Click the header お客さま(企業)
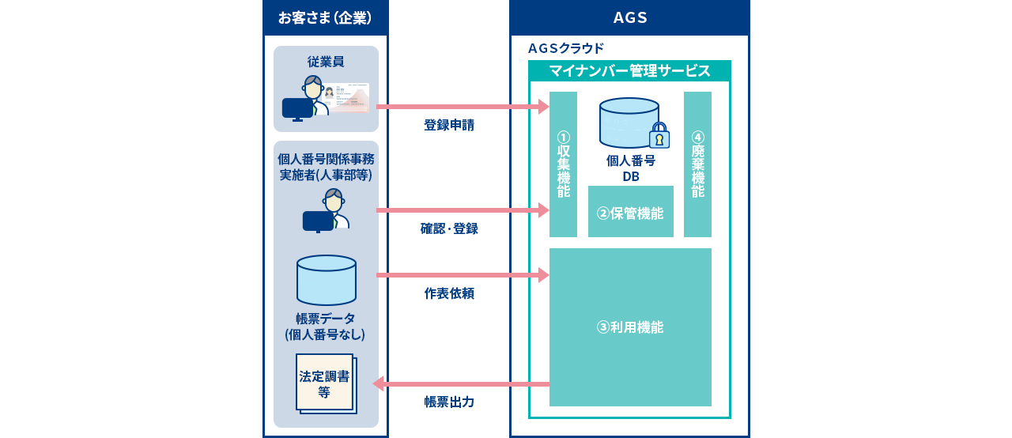(x=325, y=17)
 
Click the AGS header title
(x=630, y=17)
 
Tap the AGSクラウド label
(x=566, y=48)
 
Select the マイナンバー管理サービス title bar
(x=629, y=71)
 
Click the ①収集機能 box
(x=563, y=164)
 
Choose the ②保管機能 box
(x=630, y=212)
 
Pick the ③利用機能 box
(x=630, y=327)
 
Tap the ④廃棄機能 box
(x=697, y=164)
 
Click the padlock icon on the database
(x=659, y=136)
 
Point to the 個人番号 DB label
(x=630, y=168)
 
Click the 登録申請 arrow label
(x=449, y=125)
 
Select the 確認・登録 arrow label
(x=449, y=228)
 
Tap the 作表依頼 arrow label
(x=449, y=293)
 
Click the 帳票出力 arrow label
(x=449, y=402)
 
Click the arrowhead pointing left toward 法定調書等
(x=379, y=383)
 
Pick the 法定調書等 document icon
(x=325, y=383)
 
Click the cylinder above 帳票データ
(x=327, y=280)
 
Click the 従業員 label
(x=326, y=62)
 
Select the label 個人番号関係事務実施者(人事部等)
(x=326, y=167)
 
